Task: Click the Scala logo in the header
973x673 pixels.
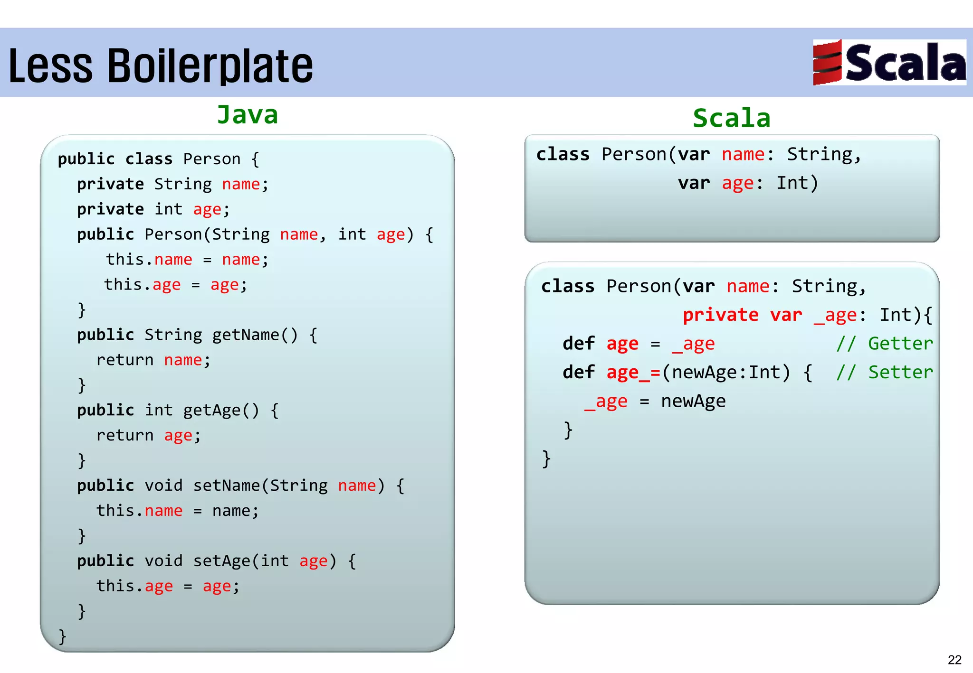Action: click(889, 62)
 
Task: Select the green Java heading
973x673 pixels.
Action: click(248, 115)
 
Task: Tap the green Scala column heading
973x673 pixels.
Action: click(731, 118)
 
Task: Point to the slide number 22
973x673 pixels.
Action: click(954, 660)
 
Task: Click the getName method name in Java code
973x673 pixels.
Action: click(245, 335)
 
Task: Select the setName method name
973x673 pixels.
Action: click(227, 486)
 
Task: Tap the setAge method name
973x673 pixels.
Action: click(222, 561)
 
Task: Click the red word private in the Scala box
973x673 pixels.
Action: click(720, 315)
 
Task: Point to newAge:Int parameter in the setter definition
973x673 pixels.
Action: click(725, 373)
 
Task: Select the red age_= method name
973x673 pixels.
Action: click(633, 373)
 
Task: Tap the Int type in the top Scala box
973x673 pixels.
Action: click(792, 183)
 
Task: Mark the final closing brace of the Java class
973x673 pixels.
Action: click(62, 636)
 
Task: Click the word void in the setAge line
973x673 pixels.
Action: click(163, 561)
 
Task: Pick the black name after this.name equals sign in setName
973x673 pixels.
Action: click(231, 511)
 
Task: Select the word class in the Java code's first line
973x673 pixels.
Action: click(149, 159)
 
